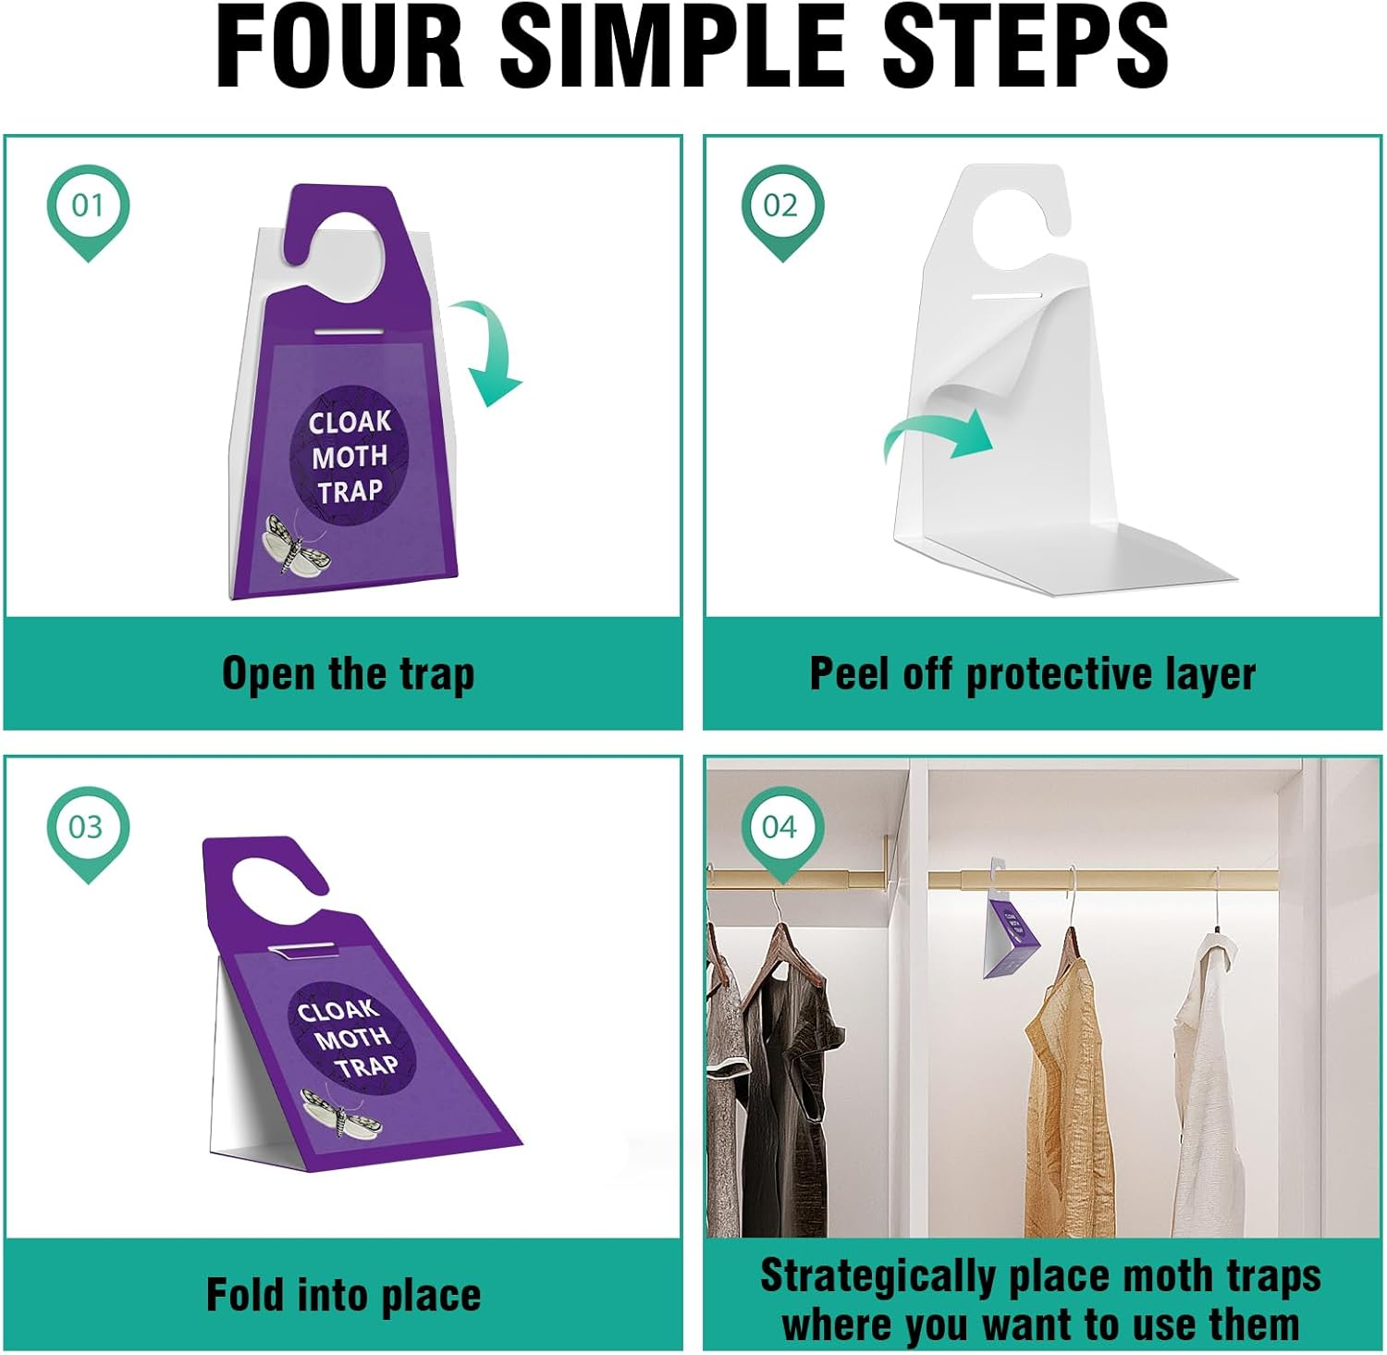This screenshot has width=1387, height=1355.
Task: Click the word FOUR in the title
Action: click(338, 46)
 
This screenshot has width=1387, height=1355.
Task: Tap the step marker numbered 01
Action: click(88, 206)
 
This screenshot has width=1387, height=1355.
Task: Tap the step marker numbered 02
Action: click(781, 206)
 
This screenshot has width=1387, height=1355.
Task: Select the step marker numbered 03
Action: click(88, 827)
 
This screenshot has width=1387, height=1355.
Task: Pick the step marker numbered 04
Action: click(781, 827)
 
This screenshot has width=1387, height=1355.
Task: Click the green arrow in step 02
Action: click(939, 435)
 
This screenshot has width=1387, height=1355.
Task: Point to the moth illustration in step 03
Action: click(340, 1114)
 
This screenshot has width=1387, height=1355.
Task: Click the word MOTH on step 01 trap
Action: click(350, 457)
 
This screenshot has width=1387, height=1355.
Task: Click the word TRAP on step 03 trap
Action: click(366, 1066)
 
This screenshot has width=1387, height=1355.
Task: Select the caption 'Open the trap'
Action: click(348, 674)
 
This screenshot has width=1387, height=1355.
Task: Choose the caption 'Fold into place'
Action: click(343, 1295)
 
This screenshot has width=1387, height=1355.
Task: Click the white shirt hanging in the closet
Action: click(1211, 1101)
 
